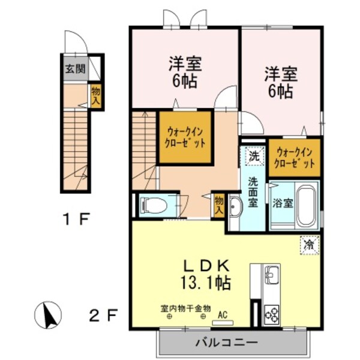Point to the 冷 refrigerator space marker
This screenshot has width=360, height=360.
coord(309,244)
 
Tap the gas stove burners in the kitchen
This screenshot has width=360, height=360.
coord(271,314)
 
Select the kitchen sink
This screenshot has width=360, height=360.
coord(272,277)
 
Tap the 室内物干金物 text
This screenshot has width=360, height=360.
coord(185,308)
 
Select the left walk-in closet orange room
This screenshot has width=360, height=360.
coord(185,137)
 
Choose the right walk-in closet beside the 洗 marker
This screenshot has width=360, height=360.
coord(293,157)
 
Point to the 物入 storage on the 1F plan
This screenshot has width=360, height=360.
coord(96,95)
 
